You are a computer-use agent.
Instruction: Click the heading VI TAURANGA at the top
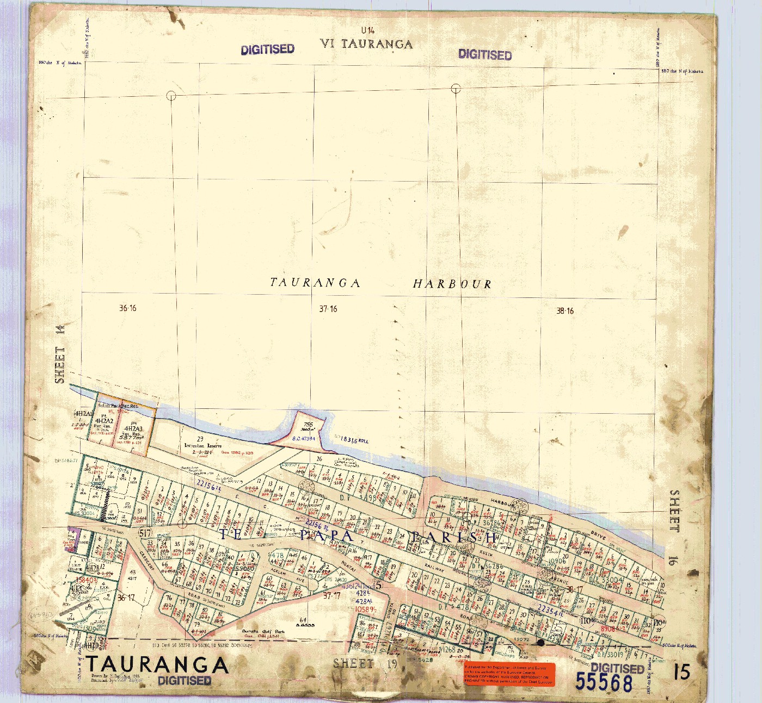point(366,44)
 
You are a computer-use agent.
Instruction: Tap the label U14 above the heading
point(367,30)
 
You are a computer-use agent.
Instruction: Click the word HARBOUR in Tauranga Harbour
point(452,284)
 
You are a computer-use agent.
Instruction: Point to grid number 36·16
point(128,308)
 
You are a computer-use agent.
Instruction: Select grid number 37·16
point(328,309)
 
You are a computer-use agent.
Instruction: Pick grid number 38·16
point(564,311)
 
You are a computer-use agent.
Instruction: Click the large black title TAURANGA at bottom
point(157,664)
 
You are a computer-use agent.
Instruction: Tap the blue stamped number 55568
point(604,682)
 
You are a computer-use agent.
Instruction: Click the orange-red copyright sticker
point(509,674)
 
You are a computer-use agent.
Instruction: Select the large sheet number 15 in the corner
point(681,672)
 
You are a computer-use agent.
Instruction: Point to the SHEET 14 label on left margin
point(60,354)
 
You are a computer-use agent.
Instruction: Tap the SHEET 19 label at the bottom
point(365,663)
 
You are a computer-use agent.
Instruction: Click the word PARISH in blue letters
point(454,538)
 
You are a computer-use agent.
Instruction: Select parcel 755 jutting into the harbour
point(308,427)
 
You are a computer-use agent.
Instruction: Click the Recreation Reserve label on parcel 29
point(202,445)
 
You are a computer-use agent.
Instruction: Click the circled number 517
point(145,533)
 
